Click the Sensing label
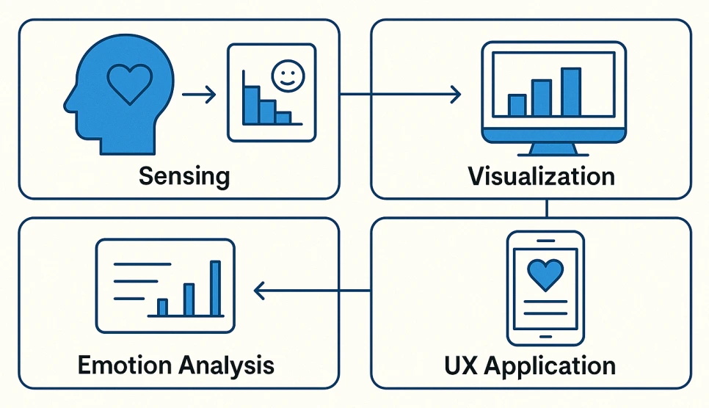pos(184,176)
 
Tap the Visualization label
pos(541,176)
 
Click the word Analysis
pos(226,365)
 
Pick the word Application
pos(550,366)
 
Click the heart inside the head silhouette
pos(130,84)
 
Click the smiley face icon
pos(288,76)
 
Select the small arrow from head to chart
pos(199,95)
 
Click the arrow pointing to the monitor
pos(400,94)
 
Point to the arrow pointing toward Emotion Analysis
pos(312,291)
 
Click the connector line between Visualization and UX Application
pos(547,208)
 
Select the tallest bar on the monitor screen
pos(570,92)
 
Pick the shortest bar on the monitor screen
pos(517,105)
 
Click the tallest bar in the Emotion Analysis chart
pos(216,288)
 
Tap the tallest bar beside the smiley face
pos(251,105)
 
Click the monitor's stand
pos(553,150)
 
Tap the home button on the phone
pos(546,337)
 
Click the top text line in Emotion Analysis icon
pos(142,264)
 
